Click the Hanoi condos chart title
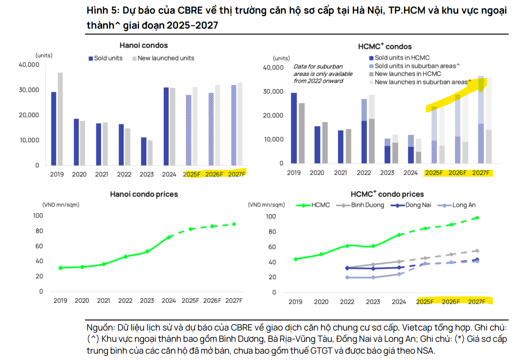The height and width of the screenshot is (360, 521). [144, 45]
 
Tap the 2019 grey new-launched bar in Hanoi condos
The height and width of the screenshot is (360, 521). [60, 119]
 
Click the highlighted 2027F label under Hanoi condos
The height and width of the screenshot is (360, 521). [236, 174]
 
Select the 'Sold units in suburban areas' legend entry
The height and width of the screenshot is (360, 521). [416, 66]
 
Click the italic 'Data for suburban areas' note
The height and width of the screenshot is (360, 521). [318, 74]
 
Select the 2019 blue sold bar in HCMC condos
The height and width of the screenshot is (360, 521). [294, 128]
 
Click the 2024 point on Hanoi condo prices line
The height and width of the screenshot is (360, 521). [169, 237]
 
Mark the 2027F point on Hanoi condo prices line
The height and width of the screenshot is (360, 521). [234, 224]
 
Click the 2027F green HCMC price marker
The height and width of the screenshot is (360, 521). [477, 218]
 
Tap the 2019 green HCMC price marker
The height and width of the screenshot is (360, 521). [296, 259]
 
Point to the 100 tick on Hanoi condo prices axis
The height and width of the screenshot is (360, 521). [39, 216]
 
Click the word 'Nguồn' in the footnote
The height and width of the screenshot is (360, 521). [99, 328]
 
